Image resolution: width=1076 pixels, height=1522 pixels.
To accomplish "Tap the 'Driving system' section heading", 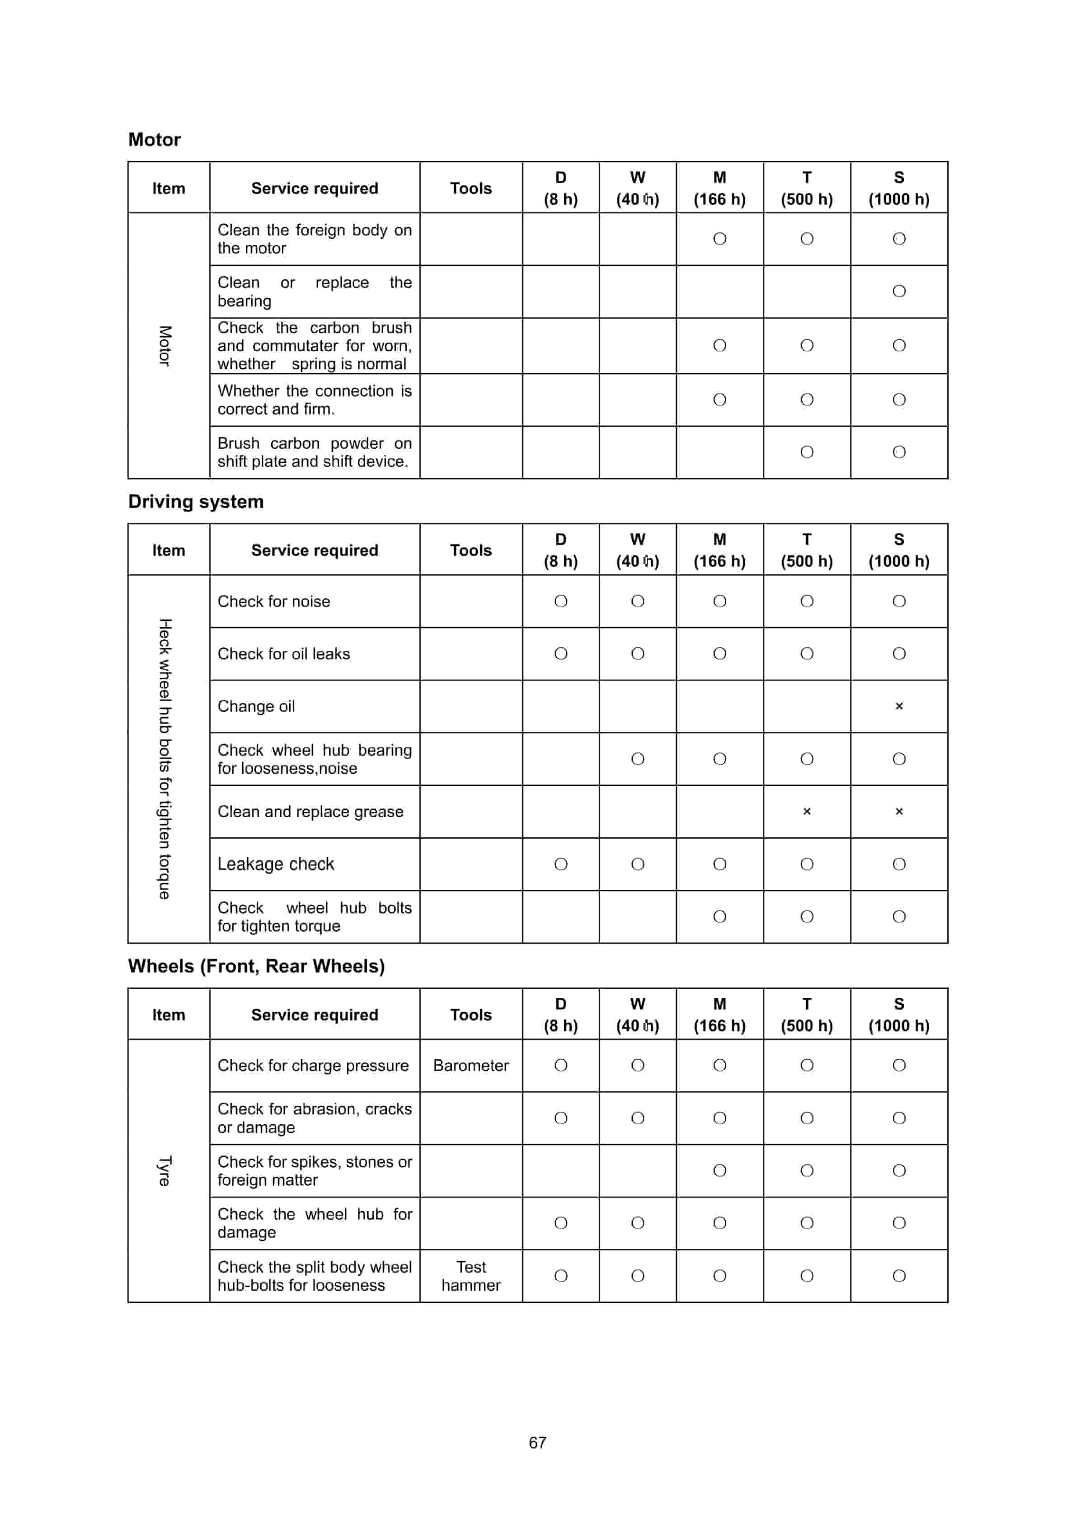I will pyautogui.click(x=196, y=501).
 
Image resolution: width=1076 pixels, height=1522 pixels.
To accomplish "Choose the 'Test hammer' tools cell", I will pyautogui.click(x=471, y=1276).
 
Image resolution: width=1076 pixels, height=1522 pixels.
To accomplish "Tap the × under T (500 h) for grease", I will pyautogui.click(x=806, y=811).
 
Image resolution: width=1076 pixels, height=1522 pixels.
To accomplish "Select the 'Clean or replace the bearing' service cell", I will pyautogui.click(x=314, y=291).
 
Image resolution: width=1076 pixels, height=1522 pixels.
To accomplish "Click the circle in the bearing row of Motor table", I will pyautogui.click(x=898, y=291).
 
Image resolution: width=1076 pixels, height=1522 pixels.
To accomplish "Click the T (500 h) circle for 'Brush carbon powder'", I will pyautogui.click(x=806, y=452).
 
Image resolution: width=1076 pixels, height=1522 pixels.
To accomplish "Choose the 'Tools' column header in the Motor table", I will pyautogui.click(x=471, y=188).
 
